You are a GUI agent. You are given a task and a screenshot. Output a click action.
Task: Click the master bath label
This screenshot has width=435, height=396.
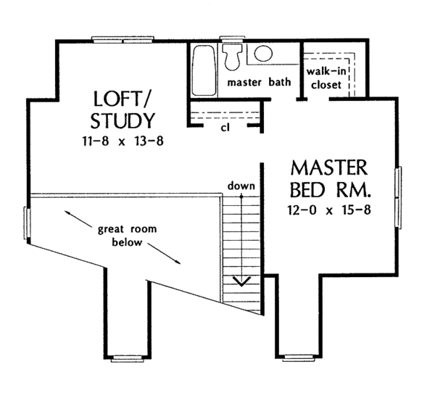pyautogui.click(x=260, y=82)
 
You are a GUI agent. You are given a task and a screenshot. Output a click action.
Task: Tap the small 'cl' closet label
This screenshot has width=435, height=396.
pyautogui.click(x=225, y=128)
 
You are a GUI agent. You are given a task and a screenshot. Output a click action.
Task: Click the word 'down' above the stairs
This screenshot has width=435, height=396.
pyautogui.click(x=241, y=186)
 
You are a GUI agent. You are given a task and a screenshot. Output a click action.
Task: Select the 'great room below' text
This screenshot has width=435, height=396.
pyautogui.click(x=128, y=236)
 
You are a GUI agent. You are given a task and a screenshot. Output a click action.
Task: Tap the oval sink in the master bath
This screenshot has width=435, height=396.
pyautogui.click(x=264, y=53)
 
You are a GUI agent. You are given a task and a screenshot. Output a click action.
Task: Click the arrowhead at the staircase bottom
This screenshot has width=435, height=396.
pyautogui.click(x=241, y=281)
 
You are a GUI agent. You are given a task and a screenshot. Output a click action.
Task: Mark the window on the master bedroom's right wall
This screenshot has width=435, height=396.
pyautogui.click(x=398, y=191)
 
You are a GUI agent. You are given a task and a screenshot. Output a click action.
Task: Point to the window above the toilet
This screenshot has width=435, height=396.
pyautogui.click(x=233, y=39)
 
